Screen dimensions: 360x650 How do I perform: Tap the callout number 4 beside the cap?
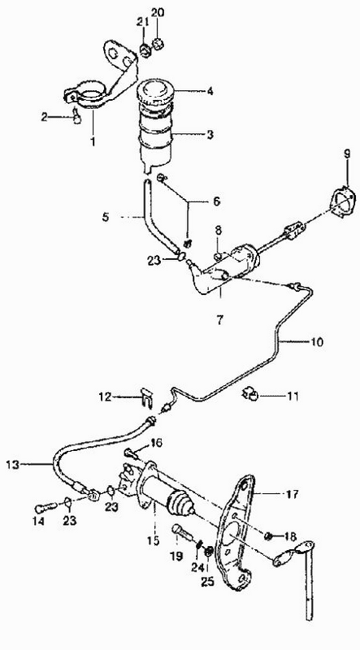point(210,91)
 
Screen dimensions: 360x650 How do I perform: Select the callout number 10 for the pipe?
point(317,342)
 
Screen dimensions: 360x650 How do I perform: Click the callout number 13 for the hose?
point(13,465)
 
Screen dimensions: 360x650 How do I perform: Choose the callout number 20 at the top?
point(157,13)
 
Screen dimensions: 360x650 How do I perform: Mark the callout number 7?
point(219,319)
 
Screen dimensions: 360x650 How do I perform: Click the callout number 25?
point(207,582)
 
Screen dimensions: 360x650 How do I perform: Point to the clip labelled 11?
point(250,395)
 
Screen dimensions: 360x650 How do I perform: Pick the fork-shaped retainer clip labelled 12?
point(146,398)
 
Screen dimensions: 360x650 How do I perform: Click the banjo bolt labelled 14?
point(46,506)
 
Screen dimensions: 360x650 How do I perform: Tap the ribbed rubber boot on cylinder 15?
point(180,506)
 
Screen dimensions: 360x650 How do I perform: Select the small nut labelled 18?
point(268,537)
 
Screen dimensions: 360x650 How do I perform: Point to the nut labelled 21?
point(145,50)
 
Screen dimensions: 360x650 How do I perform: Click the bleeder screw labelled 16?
point(129,453)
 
